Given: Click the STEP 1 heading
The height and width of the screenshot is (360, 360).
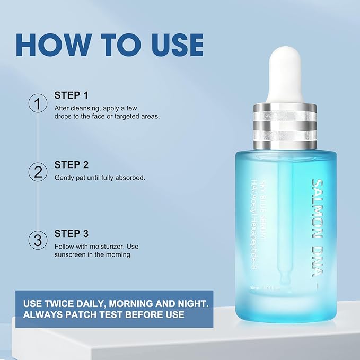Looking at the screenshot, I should (71, 95).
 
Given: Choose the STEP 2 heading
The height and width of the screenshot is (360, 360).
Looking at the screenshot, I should (71, 164).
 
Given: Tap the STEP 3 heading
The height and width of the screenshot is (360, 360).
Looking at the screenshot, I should (71, 233).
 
